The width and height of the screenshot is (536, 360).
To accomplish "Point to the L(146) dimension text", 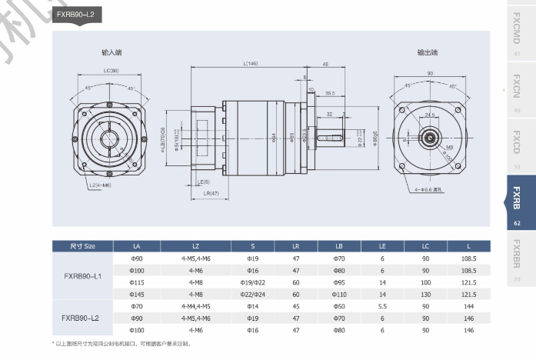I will [x=249, y=63].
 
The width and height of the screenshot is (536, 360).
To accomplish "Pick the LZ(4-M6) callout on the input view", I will [x=100, y=185].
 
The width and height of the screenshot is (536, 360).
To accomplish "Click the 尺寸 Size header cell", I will [x=82, y=246].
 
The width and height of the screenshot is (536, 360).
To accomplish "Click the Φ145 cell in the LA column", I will [x=138, y=294].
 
